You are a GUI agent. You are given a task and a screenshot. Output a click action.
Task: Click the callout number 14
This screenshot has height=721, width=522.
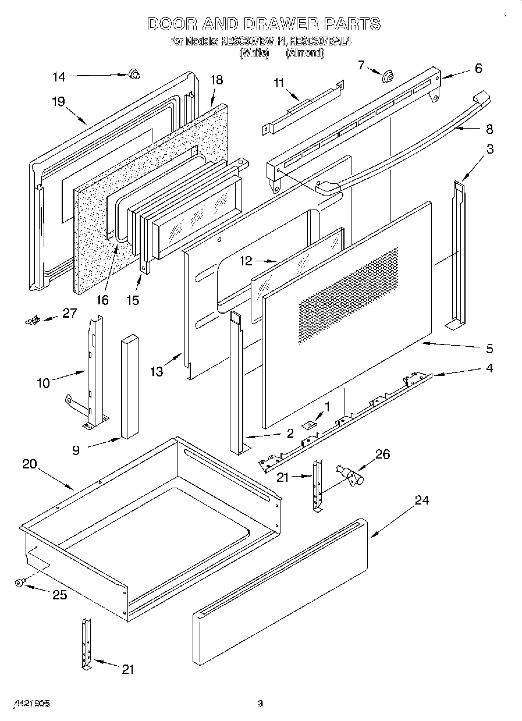click(59, 76)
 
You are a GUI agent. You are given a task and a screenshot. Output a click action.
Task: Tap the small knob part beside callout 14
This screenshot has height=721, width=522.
click(134, 73)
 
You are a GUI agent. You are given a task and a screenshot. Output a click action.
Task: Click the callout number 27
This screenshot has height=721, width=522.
click(70, 313)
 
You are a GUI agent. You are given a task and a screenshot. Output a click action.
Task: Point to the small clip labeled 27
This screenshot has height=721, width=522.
click(33, 319)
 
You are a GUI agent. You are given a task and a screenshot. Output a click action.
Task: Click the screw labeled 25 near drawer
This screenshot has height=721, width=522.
click(20, 583)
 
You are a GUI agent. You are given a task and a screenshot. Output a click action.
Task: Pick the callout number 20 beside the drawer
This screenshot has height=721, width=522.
click(29, 464)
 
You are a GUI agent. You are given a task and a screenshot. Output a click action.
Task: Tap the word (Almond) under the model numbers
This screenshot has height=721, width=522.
click(304, 52)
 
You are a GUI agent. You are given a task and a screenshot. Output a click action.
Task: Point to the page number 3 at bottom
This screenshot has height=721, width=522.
click(261, 704)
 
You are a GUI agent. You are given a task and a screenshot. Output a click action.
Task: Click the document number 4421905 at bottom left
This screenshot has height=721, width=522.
click(31, 704)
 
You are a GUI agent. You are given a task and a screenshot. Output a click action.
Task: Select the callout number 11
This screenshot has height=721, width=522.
click(279, 83)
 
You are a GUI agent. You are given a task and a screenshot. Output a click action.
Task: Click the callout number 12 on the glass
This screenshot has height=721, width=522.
click(246, 261)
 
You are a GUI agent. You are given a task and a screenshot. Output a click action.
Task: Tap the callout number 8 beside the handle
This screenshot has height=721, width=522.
click(489, 129)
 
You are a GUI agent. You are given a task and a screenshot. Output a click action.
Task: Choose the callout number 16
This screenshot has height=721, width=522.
click(102, 300)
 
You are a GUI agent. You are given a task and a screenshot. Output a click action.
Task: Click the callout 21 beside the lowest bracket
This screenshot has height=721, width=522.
click(127, 669)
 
